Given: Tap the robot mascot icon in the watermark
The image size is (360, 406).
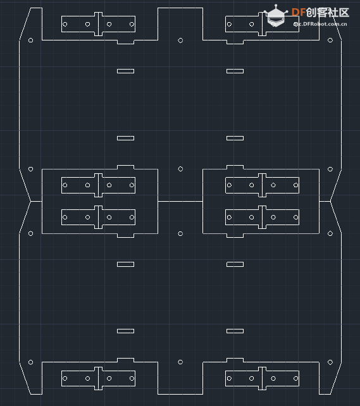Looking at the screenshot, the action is pos(276,16).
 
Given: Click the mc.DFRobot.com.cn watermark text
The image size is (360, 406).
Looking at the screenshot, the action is pos(320,24).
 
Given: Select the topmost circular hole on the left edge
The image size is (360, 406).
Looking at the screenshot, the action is pos(30,40).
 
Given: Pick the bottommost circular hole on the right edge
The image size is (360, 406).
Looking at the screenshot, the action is pos(330,362).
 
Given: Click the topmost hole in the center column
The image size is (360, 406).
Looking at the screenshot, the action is pos(180,40).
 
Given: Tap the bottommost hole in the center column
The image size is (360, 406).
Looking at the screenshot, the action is pos(180,362).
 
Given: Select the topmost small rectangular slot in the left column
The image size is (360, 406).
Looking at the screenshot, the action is pos(126,71).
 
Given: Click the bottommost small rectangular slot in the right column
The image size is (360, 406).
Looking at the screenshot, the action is pos(235,331).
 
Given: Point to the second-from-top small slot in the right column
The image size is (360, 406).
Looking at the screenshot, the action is pos(235,138).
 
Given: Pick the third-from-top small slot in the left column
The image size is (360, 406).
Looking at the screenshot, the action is pos(126,264).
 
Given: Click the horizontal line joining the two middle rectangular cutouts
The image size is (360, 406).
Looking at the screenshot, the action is pos(180,201).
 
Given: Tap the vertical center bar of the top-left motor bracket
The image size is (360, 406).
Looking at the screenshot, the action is pos(99,24).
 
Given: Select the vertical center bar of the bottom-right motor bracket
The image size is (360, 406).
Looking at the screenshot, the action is pos(262,378).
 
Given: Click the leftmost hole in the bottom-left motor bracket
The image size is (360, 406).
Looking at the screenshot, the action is pos(65,378).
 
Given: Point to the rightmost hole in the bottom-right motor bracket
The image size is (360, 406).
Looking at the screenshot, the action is pos(295,378).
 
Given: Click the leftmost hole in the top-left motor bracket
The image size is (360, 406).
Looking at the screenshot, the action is pos(65,24).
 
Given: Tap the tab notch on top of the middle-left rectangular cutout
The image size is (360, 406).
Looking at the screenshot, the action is pos(126,167).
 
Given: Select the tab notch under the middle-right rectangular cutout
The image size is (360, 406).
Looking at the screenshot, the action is pos(235,236).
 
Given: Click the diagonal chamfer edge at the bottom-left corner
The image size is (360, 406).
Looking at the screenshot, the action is pos(25,378).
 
